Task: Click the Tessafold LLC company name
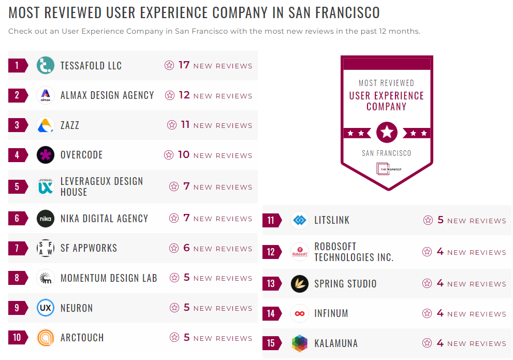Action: [91, 66]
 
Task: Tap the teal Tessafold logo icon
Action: [46, 66]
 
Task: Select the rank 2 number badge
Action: [17, 95]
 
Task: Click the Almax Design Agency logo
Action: [46, 95]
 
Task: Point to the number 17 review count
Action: [184, 65]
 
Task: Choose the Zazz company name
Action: [70, 125]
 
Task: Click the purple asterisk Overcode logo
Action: [46, 155]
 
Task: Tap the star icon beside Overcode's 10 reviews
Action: [169, 155]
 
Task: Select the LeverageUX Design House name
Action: [101, 186]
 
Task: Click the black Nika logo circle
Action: [46, 219]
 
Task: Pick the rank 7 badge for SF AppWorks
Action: [17, 248]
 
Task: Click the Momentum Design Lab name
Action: [109, 278]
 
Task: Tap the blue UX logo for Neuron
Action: [46, 308]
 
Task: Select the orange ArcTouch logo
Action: [46, 338]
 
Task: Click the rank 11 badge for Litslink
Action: [271, 220]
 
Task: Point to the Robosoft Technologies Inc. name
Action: [354, 252]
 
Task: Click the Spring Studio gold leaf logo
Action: [300, 284]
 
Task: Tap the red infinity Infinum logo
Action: [300, 313]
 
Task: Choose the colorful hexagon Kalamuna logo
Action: [300, 343]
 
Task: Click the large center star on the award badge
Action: [387, 133]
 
